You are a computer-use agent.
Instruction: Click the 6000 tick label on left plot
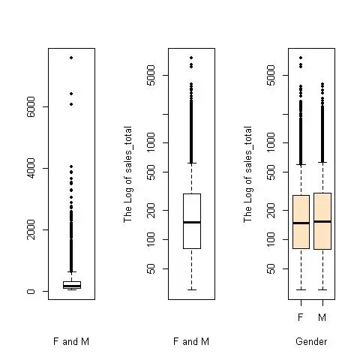(x=31, y=106)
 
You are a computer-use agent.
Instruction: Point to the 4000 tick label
(x=31, y=168)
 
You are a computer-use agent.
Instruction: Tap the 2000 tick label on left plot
(x=31, y=229)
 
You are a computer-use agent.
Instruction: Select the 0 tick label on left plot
(x=31, y=291)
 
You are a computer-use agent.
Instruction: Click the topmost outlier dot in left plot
(x=71, y=58)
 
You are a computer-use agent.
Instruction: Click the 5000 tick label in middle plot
(x=151, y=75)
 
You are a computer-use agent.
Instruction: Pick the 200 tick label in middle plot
(x=151, y=210)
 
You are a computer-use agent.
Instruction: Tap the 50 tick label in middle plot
(x=151, y=268)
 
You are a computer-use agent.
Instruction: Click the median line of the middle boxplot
(x=192, y=222)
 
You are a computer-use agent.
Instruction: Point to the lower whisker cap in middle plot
(x=192, y=289)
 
